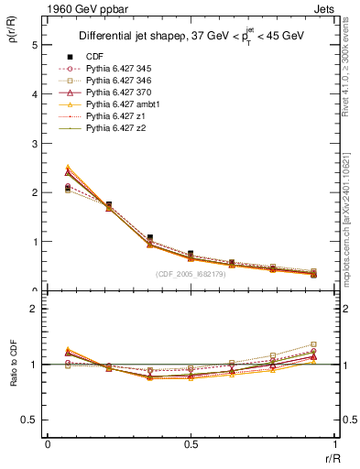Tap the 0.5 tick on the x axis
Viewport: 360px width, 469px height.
tap(191, 444)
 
